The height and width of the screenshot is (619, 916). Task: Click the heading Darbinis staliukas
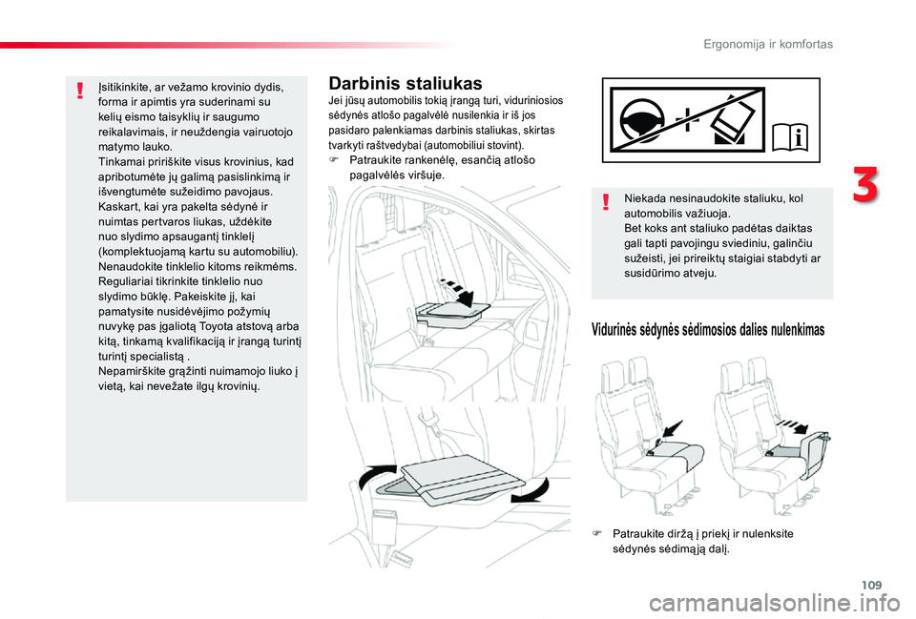[406, 85]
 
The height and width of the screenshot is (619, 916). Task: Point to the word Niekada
[647, 198]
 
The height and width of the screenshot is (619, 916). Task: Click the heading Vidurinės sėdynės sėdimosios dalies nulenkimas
[707, 329]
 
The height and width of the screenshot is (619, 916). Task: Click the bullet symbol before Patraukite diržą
[597, 534]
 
